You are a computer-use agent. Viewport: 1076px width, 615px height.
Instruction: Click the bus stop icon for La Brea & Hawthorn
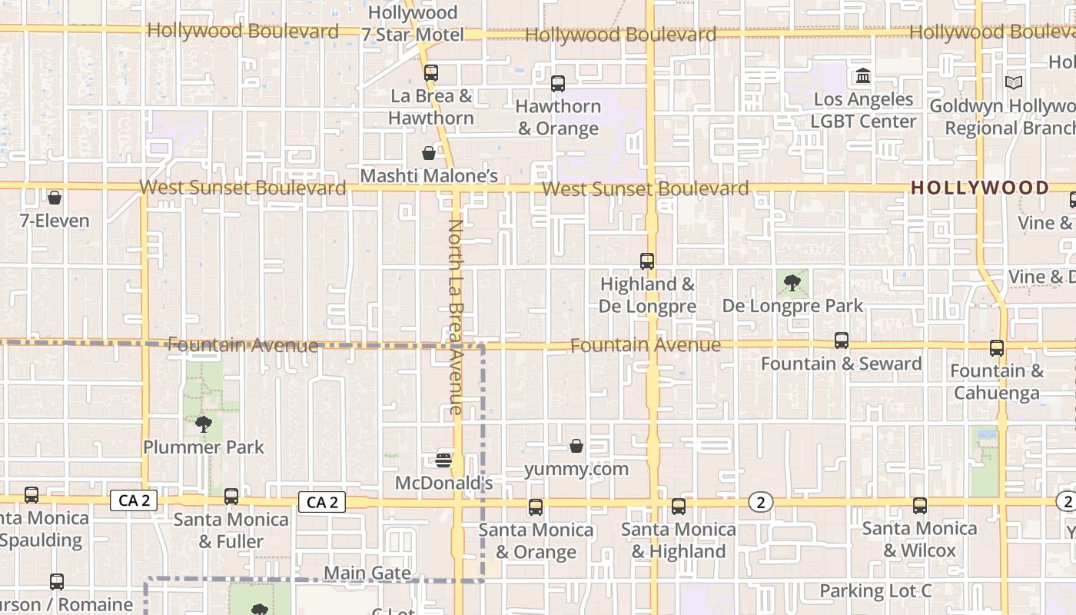pos(430,73)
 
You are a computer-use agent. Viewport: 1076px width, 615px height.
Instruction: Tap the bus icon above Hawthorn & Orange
pos(558,83)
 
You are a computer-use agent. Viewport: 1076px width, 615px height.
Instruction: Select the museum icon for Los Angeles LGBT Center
pos(863,76)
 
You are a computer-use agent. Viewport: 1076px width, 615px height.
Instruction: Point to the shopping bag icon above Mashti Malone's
pos(429,153)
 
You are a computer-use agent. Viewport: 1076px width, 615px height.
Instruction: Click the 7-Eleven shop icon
pos(55,198)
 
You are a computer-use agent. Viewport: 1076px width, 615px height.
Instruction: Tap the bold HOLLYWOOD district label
pos(979,188)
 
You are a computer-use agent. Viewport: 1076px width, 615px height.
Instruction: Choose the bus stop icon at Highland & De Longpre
pos(647,261)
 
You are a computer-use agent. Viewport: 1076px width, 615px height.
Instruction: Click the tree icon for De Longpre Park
pos(792,283)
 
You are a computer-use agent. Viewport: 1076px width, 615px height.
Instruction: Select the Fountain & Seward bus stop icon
pos(842,341)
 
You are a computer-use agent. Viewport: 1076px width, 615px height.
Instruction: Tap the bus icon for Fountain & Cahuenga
pos(997,348)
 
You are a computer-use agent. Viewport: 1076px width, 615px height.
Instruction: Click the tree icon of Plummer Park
pos(203,424)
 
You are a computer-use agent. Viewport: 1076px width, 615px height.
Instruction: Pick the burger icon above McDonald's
pos(443,460)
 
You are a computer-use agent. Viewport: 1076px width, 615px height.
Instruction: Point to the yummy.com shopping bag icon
pos(576,446)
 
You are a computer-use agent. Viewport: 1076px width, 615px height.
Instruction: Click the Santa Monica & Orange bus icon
pos(536,507)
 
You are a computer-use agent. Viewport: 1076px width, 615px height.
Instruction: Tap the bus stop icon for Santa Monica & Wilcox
pos(920,506)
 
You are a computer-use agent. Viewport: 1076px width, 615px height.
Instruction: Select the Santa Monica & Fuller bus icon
pos(231,497)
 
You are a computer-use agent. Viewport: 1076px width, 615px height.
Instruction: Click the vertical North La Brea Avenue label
pos(456,317)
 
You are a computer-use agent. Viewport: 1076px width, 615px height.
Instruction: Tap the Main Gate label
pos(367,573)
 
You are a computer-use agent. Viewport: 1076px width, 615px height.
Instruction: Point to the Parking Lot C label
pos(875,590)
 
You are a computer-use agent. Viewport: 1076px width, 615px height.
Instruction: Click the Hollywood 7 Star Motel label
pos(413,24)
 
